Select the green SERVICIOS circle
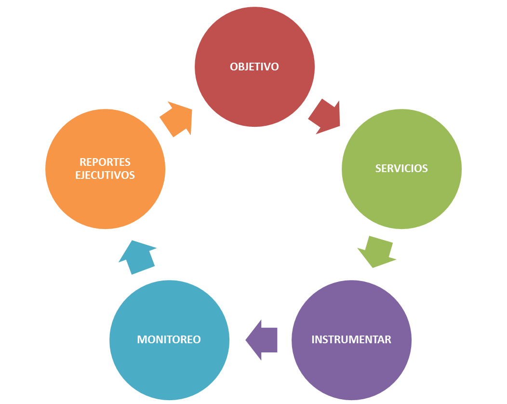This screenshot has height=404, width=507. click(401, 193)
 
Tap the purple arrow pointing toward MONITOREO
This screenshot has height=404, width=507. click(262, 340)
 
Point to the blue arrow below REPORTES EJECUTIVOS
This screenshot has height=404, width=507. click(137, 257)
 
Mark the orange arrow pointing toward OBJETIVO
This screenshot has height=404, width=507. click(177, 119)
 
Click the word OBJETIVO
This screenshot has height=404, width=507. click(254, 67)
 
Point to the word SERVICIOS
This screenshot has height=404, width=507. click(401, 168)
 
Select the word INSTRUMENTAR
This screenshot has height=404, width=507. click(351, 339)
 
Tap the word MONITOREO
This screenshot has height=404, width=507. click(169, 339)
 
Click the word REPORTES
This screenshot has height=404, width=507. click(105, 162)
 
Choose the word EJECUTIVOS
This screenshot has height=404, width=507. click(105, 175)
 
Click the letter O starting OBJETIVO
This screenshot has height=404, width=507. click(234, 67)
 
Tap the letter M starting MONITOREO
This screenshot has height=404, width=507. click(142, 339)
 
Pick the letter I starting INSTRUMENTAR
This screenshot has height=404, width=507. click(313, 339)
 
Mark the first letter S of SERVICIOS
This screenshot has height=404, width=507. click(378, 168)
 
